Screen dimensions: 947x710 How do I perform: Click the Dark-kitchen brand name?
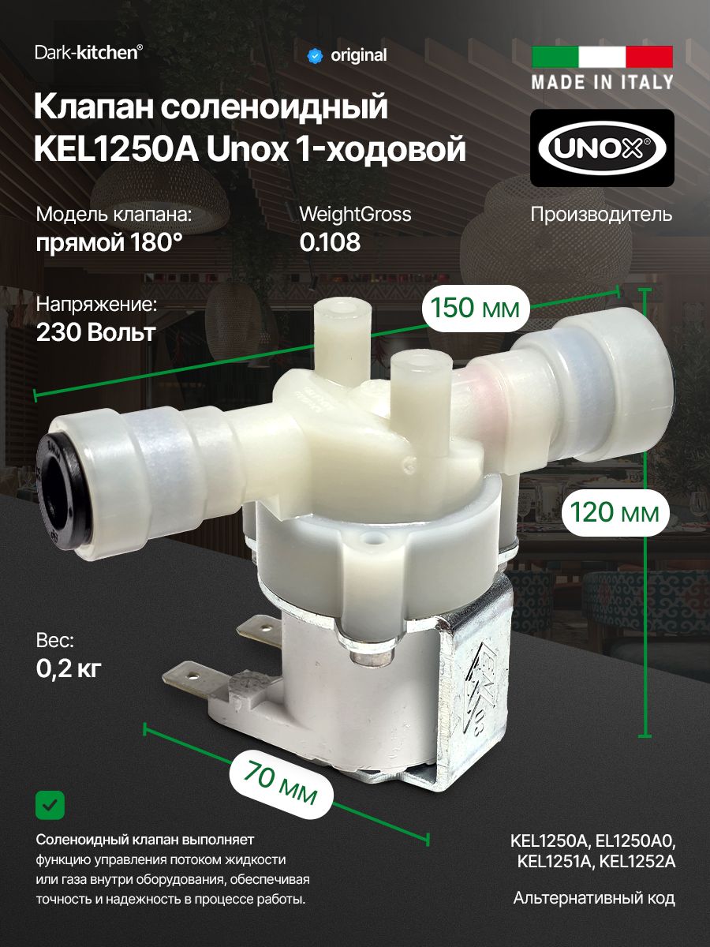click(x=89, y=53)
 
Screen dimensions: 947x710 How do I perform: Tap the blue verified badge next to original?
click(x=315, y=55)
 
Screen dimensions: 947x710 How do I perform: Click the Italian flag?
click(x=603, y=57)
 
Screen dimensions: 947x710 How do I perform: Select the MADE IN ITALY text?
click(x=603, y=82)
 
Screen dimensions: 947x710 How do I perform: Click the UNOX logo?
click(x=602, y=148)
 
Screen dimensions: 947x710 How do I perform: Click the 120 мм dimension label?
click(x=615, y=513)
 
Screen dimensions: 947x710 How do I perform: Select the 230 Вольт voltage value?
click(x=95, y=332)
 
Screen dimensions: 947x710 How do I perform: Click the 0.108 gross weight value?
click(x=330, y=242)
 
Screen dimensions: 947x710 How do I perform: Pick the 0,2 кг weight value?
click(x=69, y=668)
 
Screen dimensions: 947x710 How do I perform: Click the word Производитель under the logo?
click(x=601, y=214)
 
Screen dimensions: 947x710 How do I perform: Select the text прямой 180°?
click(x=109, y=242)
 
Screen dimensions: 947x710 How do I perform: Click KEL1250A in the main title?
click(x=117, y=149)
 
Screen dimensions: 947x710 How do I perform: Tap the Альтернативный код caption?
click(x=594, y=898)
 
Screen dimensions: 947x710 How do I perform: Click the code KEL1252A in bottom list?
click(x=637, y=861)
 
